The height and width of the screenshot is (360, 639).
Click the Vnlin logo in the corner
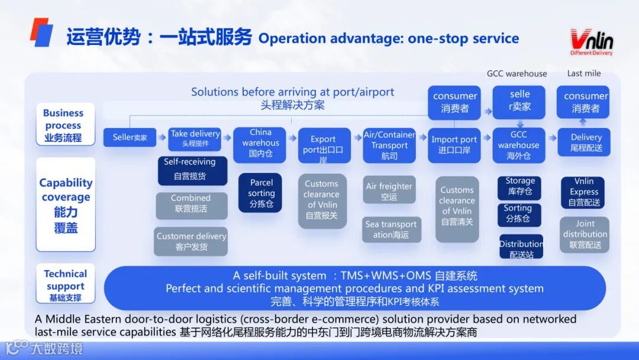point(591,42)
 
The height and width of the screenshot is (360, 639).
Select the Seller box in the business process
point(130,137)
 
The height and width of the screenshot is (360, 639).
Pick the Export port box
point(324,145)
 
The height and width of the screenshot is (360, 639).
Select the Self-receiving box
point(191,169)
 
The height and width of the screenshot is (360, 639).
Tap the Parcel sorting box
point(261,193)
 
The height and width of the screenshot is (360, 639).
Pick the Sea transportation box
point(391,229)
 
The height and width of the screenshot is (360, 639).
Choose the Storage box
point(519,186)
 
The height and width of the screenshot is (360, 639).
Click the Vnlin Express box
point(584,192)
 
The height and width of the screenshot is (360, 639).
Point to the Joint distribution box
point(585,234)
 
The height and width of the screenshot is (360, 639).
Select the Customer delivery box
point(191,241)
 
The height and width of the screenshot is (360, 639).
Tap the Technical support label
point(65,284)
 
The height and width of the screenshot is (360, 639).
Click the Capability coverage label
point(66,204)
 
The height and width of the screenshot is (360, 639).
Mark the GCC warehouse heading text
point(517,73)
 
